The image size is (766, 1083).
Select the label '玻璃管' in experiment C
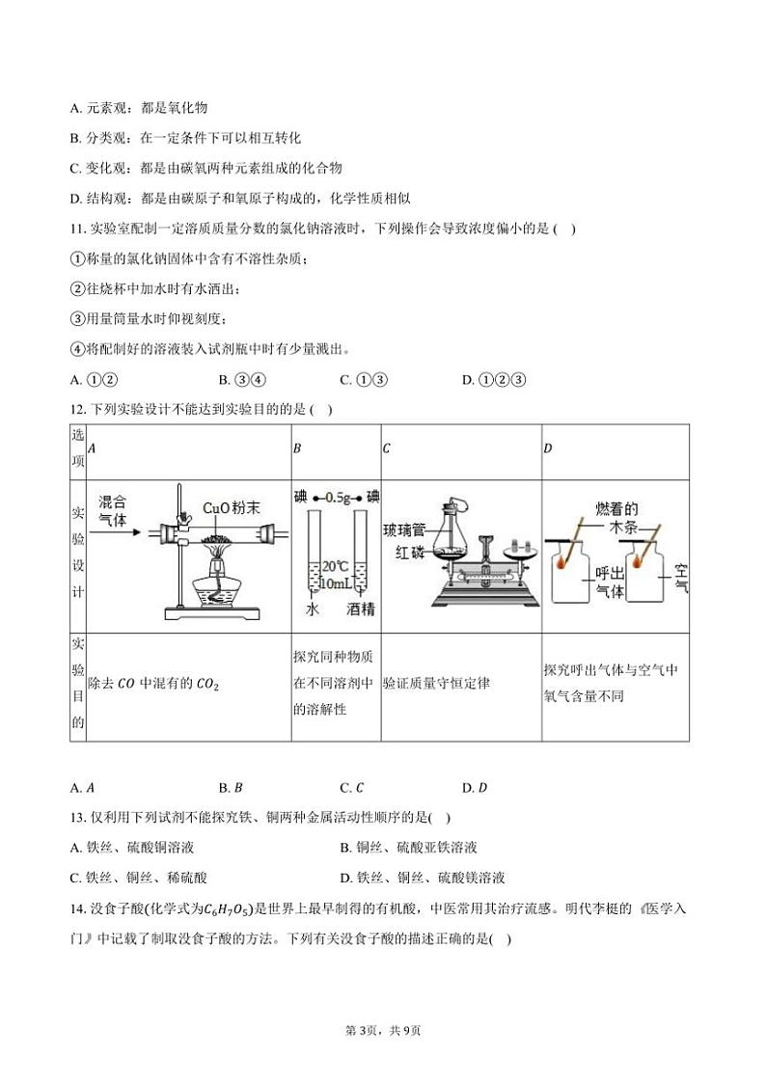tap(403, 530)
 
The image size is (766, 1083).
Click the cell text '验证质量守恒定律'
tap(436, 684)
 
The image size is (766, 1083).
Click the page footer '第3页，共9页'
tap(382, 1031)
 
